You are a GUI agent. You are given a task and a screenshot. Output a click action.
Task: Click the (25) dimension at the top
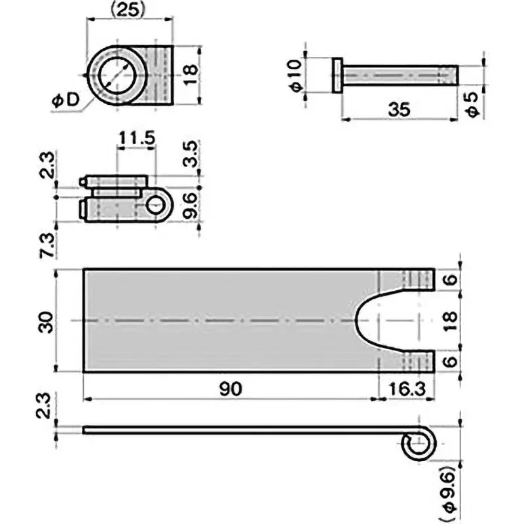(128, 9)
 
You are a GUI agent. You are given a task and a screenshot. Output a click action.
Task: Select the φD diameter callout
(64, 100)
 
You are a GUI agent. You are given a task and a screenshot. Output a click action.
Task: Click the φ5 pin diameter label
(474, 103)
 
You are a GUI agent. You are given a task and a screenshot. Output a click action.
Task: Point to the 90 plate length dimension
(231, 388)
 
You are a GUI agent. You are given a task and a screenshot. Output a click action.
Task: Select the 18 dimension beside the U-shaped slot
(451, 320)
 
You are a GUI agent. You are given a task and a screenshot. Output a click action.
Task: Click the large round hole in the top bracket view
(117, 74)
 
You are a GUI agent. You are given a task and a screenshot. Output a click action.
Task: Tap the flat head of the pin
(337, 75)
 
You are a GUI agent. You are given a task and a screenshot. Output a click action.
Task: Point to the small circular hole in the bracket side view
(155, 206)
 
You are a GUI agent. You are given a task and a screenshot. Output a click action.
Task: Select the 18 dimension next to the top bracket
(189, 74)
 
